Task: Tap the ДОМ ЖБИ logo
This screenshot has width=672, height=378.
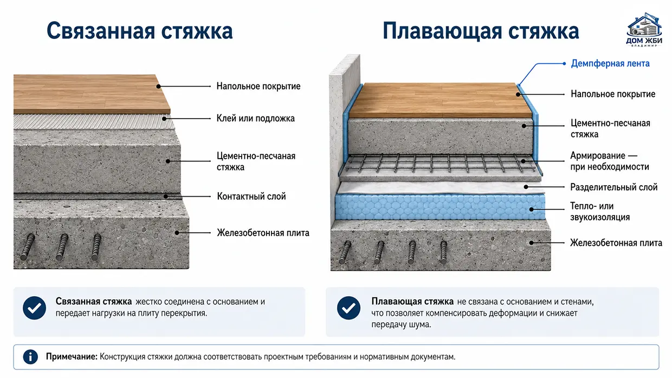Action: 644,30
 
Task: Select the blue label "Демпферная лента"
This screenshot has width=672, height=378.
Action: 610,63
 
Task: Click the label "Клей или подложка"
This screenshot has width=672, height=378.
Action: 256,119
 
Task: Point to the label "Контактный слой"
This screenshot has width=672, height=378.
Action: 251,197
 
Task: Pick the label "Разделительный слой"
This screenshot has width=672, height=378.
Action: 614,187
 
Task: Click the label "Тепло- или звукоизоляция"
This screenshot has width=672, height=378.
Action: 600,212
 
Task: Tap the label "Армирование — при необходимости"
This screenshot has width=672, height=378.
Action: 610,161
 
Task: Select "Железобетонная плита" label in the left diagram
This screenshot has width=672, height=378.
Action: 263,233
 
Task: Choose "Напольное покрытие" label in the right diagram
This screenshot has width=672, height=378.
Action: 613,94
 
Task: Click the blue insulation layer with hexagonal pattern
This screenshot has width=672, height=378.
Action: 440,207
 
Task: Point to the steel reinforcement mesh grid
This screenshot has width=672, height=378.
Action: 440,164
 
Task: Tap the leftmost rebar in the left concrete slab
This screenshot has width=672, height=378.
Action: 28,247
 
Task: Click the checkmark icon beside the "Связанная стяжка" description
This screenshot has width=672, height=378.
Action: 35,308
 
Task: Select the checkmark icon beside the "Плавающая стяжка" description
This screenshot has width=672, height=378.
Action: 348,308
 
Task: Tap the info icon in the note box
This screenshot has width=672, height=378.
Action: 30,357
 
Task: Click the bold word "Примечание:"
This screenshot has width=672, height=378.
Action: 72,357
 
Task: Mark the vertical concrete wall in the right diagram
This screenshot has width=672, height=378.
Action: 345,138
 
